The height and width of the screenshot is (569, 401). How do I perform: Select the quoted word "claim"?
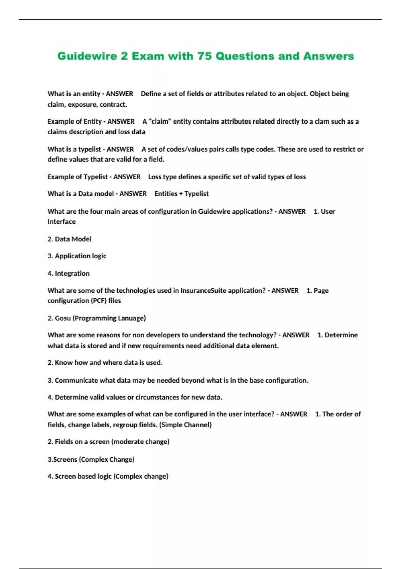tap(160, 121)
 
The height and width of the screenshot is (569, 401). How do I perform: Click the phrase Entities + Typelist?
tap(181, 194)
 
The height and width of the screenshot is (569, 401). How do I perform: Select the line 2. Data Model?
tap(69, 239)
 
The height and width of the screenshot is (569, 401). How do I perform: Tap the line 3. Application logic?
tap(77, 256)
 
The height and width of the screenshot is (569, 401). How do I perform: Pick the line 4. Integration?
tap(69, 273)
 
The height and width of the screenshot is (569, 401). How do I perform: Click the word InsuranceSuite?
tap(204, 291)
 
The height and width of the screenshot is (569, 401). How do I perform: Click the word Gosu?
tap(63, 318)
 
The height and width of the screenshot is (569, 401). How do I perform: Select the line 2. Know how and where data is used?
tap(105, 363)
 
